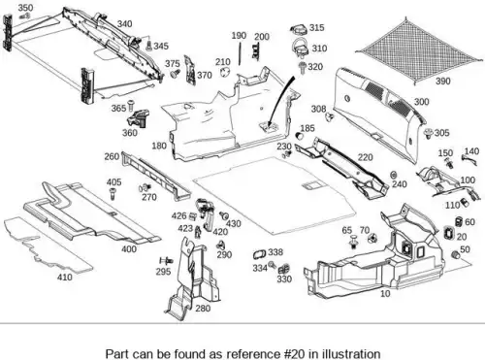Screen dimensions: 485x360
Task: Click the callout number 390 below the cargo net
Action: click(x=442, y=81)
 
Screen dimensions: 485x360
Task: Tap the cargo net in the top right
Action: click(x=420, y=51)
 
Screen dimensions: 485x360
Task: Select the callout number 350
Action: click(x=25, y=8)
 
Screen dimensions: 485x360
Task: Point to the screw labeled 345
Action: click(x=149, y=46)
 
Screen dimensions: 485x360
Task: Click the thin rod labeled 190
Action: click(x=240, y=54)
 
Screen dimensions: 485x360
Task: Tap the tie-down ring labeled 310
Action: click(x=301, y=48)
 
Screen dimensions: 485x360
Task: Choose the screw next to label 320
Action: click(x=303, y=68)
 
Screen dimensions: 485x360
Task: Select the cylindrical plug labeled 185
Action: click(x=300, y=136)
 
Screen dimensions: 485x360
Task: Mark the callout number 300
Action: click(x=421, y=102)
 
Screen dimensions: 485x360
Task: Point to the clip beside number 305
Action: click(x=429, y=133)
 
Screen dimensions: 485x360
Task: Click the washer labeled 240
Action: click(x=394, y=175)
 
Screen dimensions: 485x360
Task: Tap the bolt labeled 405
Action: click(x=113, y=193)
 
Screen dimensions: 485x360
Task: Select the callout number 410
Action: click(x=65, y=277)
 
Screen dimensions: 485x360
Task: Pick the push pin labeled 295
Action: click(x=166, y=260)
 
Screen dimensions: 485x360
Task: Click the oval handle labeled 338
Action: click(x=259, y=254)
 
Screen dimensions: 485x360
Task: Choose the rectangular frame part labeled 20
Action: click(x=449, y=233)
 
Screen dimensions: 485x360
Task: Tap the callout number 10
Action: click(x=385, y=293)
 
